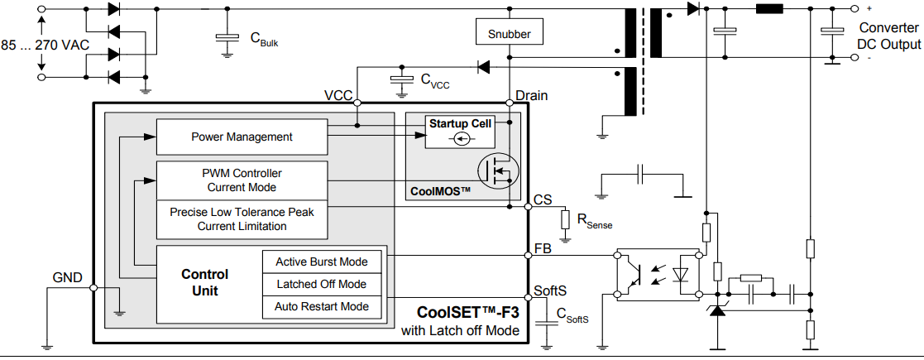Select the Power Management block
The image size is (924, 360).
tap(242, 137)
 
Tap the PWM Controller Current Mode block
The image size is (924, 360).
tap(242, 180)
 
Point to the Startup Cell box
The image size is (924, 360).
tap(460, 131)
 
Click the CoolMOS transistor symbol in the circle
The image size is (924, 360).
tap(500, 171)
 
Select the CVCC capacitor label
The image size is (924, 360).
tap(435, 80)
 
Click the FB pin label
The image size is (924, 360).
tap(543, 247)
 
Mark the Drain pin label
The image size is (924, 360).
tap(531, 95)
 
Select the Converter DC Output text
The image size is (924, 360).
tap(888, 36)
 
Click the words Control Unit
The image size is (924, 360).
tap(204, 282)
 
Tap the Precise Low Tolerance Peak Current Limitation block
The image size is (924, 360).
tap(242, 218)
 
